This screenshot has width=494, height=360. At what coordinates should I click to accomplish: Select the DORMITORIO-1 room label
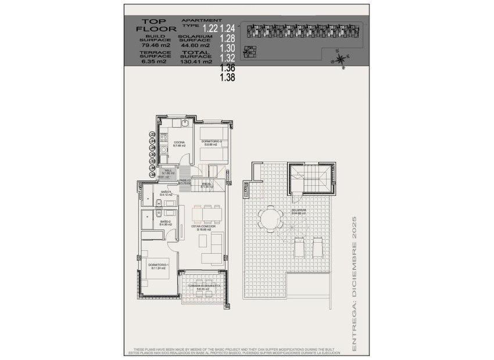tap(158, 267)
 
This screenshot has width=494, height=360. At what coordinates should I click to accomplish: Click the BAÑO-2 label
tap(165, 222)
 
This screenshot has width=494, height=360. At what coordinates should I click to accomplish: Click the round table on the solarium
tap(270, 219)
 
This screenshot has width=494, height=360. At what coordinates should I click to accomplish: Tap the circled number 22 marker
tap(153, 134)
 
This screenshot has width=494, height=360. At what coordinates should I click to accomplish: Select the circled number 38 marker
tap(153, 174)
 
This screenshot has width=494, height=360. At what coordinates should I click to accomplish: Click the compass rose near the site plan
tap(339, 58)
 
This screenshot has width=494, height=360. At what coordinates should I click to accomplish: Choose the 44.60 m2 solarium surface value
tap(196, 44)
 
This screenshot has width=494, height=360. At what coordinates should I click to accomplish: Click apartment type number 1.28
tap(227, 38)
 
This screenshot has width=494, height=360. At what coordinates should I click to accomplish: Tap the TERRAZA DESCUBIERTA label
tap(200, 286)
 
